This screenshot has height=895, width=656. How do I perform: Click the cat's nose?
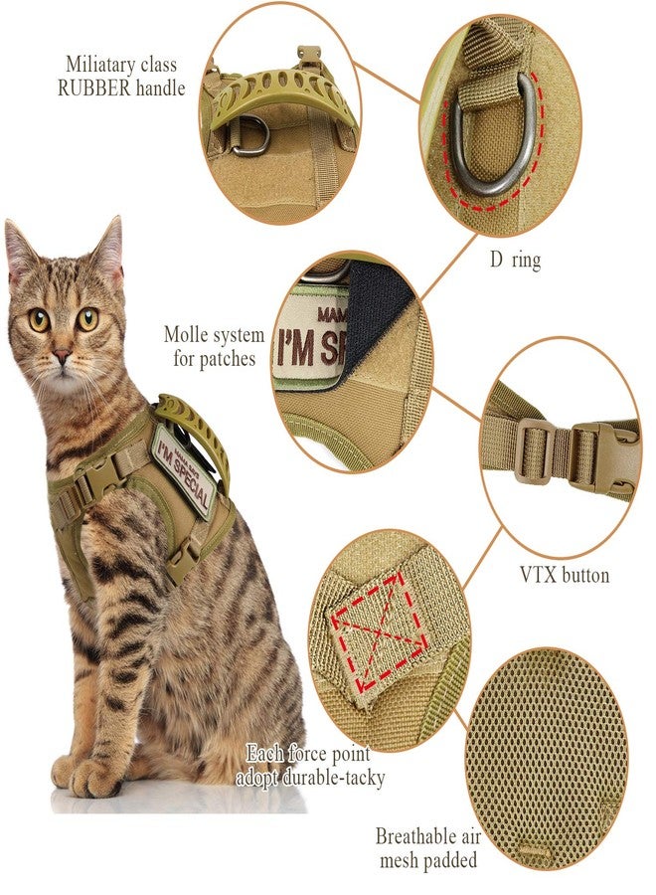pyautogui.click(x=62, y=357)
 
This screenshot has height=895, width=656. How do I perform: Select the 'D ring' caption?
pyautogui.click(x=515, y=261)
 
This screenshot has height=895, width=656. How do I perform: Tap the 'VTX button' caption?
pyautogui.click(x=565, y=574)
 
